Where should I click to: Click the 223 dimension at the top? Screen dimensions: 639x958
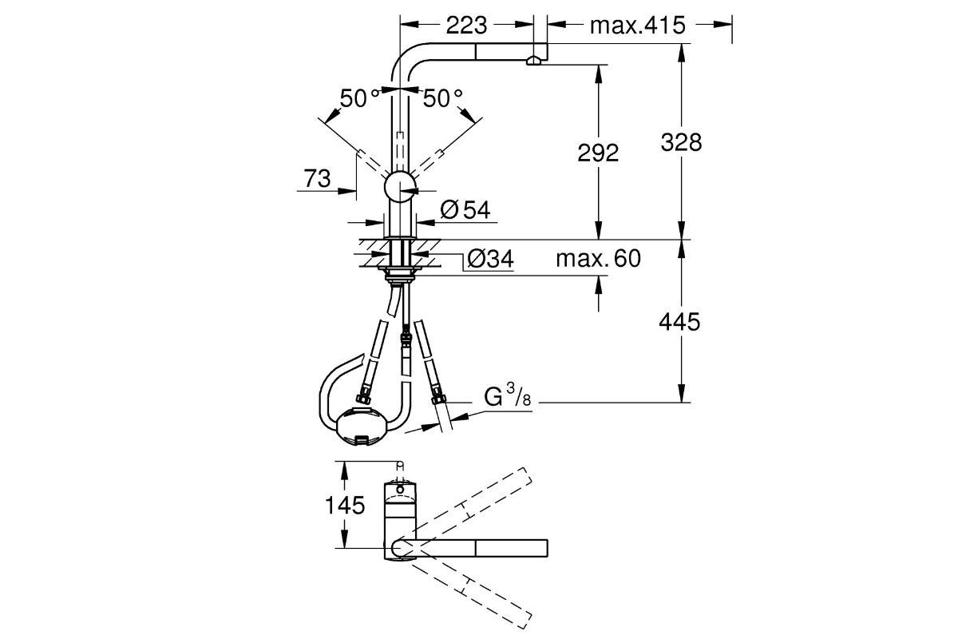(x=467, y=26)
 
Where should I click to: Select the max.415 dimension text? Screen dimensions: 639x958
(x=637, y=26)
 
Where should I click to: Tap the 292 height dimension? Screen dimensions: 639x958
(x=597, y=153)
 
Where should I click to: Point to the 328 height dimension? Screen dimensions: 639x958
(x=681, y=141)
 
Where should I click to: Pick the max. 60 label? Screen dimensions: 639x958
(x=598, y=258)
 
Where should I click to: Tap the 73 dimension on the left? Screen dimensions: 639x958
(x=317, y=179)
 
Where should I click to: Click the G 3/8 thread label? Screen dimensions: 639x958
(x=506, y=397)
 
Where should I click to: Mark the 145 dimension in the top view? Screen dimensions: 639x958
(x=344, y=505)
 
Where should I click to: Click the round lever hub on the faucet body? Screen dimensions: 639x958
(x=400, y=189)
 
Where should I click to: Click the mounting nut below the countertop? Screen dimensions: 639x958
(x=398, y=276)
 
